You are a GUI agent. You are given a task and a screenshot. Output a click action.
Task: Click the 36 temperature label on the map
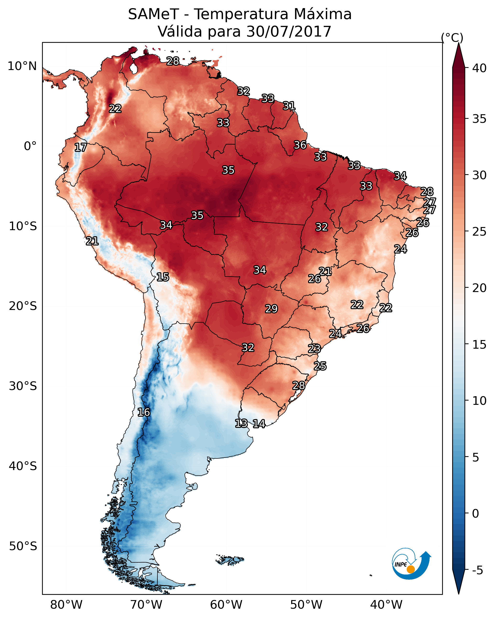tap(300, 145)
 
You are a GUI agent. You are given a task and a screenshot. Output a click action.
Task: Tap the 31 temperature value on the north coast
tap(289, 106)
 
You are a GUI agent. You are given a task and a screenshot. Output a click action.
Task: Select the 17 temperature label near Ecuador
tap(81, 147)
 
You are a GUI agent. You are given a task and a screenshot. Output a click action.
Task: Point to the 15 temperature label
tap(163, 277)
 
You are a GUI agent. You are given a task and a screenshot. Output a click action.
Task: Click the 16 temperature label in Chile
tap(144, 412)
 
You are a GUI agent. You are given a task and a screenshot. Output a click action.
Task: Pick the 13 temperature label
tap(241, 423)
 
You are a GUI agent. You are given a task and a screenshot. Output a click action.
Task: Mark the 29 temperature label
tap(271, 309)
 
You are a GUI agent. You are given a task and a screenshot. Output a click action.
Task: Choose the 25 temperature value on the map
tap(320, 366)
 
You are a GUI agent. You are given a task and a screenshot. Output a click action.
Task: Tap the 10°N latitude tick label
tap(22, 66)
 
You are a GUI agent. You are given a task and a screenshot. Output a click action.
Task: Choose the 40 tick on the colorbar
tap(479, 68)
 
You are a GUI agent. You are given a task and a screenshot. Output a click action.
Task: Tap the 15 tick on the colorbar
tap(479, 345)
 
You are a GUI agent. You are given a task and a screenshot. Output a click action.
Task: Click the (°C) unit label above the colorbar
tap(452, 38)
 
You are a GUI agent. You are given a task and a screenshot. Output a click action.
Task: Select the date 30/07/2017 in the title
tap(289, 31)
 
